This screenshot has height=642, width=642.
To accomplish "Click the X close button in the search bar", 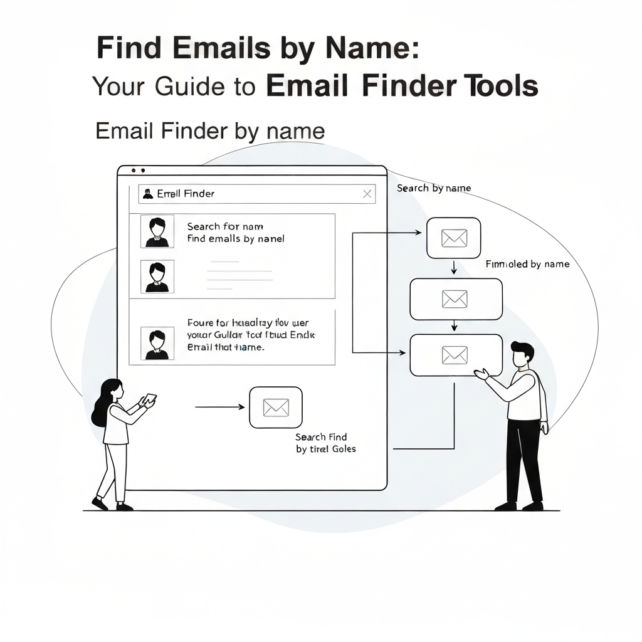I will click(x=367, y=194).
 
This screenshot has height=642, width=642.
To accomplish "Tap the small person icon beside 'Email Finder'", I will click(x=148, y=194).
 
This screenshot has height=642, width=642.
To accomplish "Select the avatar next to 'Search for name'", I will click(x=157, y=232).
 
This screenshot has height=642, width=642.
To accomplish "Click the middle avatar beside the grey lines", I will click(x=157, y=276).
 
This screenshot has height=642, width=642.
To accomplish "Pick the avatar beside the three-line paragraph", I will click(x=157, y=343).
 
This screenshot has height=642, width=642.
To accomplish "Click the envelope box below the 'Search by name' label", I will click(x=453, y=238).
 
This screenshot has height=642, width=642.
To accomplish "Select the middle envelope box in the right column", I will click(x=455, y=298).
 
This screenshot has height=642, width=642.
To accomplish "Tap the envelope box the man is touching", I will click(x=455, y=355).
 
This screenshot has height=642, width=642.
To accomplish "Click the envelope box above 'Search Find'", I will click(x=275, y=407).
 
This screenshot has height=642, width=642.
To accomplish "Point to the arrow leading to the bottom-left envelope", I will click(x=219, y=407).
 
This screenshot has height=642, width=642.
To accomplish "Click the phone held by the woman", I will click(x=150, y=399).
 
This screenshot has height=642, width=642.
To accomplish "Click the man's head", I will click(x=522, y=355).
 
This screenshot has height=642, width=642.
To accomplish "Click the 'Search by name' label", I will click(x=433, y=188).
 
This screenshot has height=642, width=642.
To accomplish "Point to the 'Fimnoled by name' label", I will click(x=527, y=264).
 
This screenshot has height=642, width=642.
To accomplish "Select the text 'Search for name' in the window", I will click(x=224, y=226).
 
